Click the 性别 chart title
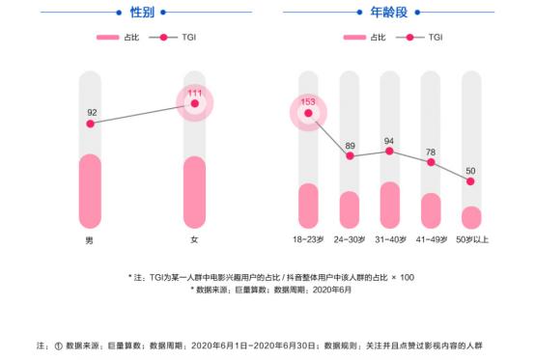point(142,13)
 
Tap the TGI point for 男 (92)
point(90,124)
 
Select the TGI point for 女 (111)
point(194,103)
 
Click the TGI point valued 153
point(308,114)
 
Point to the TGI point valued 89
point(350,155)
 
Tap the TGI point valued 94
point(389,151)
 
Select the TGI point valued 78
point(431,163)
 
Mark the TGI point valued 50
point(470,180)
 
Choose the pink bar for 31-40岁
point(389,204)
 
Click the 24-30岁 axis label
point(350,238)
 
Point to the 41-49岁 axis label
point(431,238)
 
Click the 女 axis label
point(194,238)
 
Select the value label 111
point(194,91)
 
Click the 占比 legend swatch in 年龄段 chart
point(356,38)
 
